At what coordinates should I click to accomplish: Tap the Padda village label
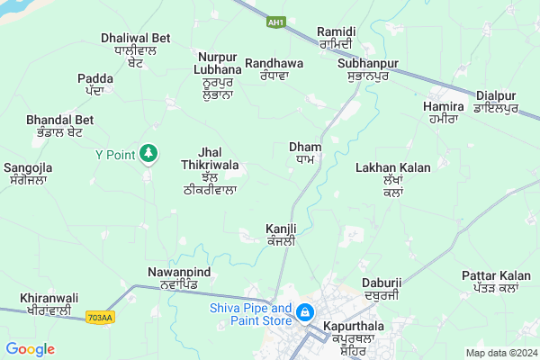pos(95,84)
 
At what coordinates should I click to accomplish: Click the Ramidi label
pos(337,38)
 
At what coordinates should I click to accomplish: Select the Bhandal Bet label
pos(60,125)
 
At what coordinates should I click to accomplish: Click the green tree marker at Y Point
pos(148,154)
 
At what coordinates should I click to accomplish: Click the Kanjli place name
pos(281,235)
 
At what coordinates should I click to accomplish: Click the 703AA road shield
pos(101,318)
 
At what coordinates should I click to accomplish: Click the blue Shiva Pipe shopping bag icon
pos(306,312)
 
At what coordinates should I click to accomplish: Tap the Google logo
pos(31,349)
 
